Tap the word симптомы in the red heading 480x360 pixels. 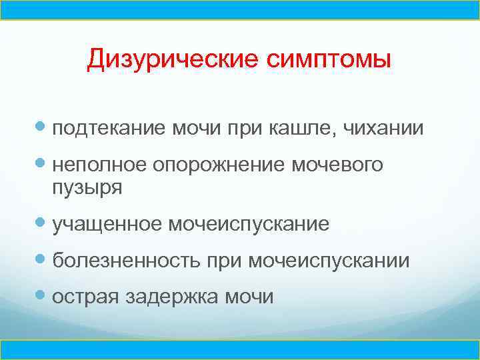pyautogui.click(x=328, y=60)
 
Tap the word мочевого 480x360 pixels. pyautogui.click(x=338, y=164)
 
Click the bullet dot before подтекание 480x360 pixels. pyautogui.click(x=43, y=127)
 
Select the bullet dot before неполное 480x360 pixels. pyautogui.click(x=43, y=163)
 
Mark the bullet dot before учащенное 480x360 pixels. pyautogui.click(x=43, y=223)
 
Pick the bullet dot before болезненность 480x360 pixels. pyautogui.click(x=43, y=259)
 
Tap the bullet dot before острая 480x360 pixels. pyautogui.click(x=43, y=295)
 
